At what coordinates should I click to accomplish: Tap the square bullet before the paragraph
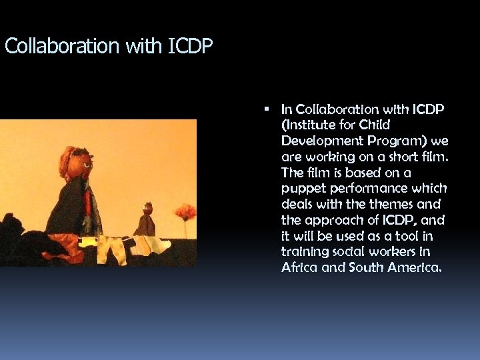[x=266, y=108]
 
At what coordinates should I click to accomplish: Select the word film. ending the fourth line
[x=434, y=157]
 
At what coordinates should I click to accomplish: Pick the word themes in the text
[x=395, y=205]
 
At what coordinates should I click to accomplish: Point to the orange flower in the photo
[x=185, y=212]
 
